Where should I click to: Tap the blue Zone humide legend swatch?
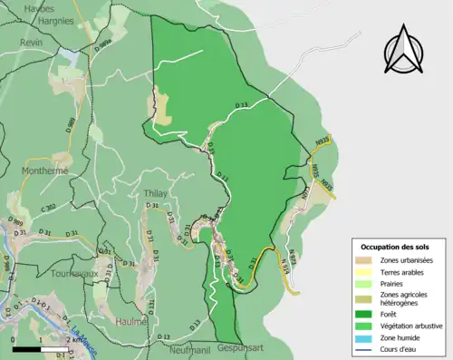click(368, 338)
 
